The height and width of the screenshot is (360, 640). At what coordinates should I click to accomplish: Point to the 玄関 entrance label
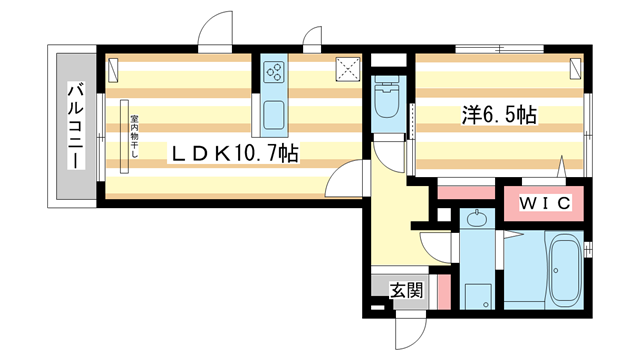click(405, 290)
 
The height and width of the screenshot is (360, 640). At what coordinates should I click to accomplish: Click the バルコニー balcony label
click(75, 125)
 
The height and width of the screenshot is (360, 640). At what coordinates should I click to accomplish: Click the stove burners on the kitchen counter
click(275, 72)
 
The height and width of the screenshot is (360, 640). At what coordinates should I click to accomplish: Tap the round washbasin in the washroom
click(476, 219)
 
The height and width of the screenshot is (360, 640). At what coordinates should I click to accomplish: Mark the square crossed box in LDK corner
click(349, 67)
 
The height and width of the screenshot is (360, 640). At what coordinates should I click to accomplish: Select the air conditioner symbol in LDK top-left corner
click(114, 70)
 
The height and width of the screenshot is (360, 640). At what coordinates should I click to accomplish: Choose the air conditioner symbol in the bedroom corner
click(577, 69)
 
